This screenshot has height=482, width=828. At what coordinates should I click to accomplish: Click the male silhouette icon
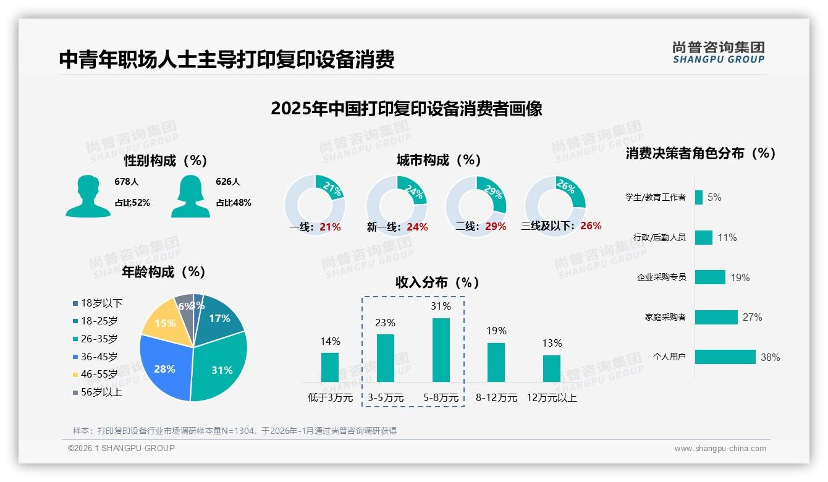pyautogui.click(x=88, y=196)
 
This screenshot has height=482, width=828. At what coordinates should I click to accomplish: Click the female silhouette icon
pyautogui.click(x=190, y=196)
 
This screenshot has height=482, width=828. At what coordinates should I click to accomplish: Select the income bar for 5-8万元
pyautogui.click(x=441, y=350)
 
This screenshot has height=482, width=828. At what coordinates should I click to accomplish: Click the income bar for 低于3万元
pyautogui.click(x=330, y=367)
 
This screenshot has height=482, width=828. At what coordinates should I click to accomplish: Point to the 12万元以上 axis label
pyautogui.click(x=552, y=398)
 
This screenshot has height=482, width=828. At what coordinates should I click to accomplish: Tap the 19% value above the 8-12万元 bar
pyautogui.click(x=496, y=331)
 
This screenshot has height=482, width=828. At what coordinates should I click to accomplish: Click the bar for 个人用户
pyautogui.click(x=725, y=357)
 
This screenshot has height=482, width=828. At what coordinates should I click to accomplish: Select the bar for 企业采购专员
pyautogui.click(x=710, y=277)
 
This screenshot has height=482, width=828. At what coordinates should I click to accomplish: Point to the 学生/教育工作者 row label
pyautogui.click(x=655, y=198)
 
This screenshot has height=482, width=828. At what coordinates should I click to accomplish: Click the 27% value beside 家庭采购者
pyautogui.click(x=752, y=317)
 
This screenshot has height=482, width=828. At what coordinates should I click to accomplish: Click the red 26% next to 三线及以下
pyautogui.click(x=591, y=226)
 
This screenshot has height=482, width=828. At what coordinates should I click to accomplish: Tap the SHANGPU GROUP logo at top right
pyautogui.click(x=718, y=53)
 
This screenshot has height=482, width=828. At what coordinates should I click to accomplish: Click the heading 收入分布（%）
pyautogui.click(x=437, y=282)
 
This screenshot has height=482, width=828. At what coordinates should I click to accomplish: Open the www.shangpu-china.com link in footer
pyautogui.click(x=720, y=449)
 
